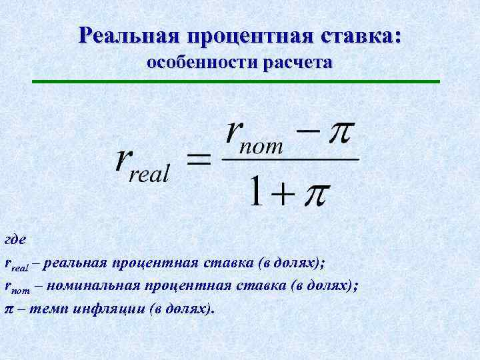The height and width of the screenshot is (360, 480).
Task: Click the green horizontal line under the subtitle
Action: tap(237, 81)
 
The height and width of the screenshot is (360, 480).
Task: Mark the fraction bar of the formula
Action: tap(290, 159)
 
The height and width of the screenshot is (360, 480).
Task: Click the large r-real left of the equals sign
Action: tap(143, 163)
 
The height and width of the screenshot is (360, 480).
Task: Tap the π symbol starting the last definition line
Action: tap(9, 309)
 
